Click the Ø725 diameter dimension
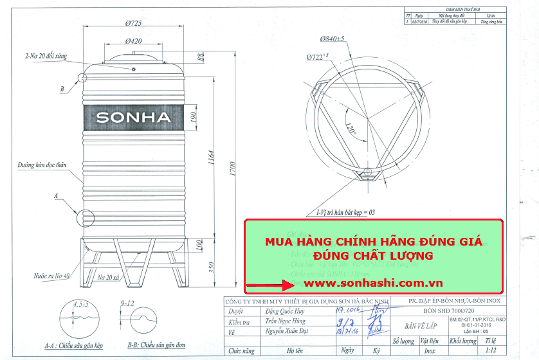point(134,24)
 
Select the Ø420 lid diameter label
point(133,41)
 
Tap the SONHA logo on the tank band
point(134,118)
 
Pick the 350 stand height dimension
point(212,266)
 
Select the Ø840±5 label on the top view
point(332,39)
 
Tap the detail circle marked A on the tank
point(84,217)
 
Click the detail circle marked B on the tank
point(83,78)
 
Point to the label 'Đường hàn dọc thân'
point(42,165)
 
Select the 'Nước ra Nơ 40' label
point(52,276)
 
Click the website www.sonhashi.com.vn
point(364,283)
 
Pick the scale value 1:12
point(491,350)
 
